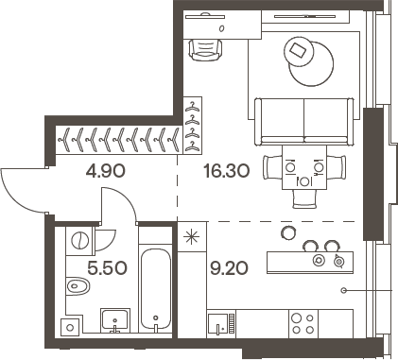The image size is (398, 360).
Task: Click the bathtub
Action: pos(155,289)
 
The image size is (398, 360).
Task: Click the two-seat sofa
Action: pos(304,115)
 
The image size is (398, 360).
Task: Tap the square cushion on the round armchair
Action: pos(302,50)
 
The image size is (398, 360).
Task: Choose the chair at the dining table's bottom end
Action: pos(304,197)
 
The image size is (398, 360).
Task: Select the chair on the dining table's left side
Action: pos(272,167)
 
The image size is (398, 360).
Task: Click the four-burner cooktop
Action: pos(303,323)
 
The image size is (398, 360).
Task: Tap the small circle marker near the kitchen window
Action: pos(346,289)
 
